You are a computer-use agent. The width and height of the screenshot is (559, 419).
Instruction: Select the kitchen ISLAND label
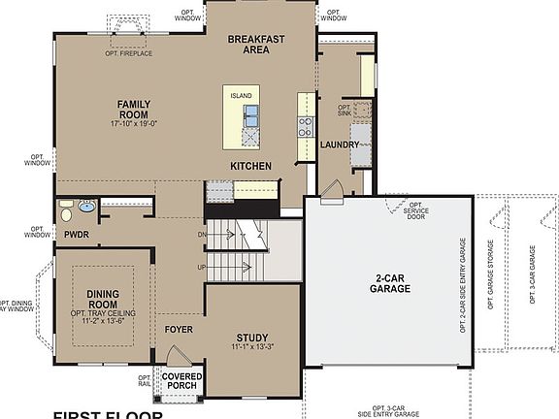click(x=241, y=96)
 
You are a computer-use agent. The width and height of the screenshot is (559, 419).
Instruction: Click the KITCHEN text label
click(x=250, y=166)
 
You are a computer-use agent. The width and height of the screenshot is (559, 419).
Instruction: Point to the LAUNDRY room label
click(x=340, y=145)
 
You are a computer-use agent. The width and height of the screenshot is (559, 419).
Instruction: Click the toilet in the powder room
click(x=65, y=211)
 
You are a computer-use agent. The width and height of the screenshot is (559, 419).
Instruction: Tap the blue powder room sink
click(x=86, y=206)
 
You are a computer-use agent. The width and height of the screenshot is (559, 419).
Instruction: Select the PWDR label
click(x=77, y=234)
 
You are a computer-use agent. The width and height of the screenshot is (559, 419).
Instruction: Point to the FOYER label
click(x=179, y=329)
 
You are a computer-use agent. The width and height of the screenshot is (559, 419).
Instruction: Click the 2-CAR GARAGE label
click(x=391, y=282)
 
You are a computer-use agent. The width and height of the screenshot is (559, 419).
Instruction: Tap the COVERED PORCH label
click(x=181, y=381)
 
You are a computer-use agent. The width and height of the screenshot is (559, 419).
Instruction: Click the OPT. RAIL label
click(x=144, y=381)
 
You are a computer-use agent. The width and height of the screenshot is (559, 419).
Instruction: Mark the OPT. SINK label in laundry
click(x=345, y=111)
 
